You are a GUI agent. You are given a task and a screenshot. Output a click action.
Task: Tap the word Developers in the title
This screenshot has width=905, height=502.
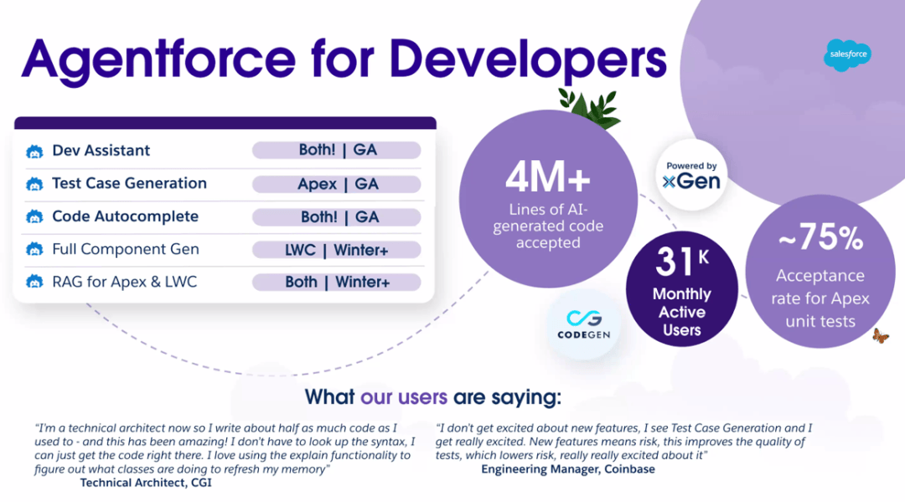click(528, 61)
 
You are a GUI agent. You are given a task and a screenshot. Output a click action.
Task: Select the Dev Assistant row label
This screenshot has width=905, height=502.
click(101, 151)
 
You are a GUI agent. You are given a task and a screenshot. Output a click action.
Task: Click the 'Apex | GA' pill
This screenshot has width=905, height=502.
click(337, 184)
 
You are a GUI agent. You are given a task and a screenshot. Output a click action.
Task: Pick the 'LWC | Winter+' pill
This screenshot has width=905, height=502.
click(337, 250)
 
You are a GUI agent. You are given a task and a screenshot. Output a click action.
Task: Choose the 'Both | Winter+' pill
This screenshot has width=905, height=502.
click(337, 282)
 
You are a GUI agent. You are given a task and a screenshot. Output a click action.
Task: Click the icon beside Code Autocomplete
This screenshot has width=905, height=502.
click(34, 217)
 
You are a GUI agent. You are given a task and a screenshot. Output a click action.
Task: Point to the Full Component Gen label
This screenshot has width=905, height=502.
click(125, 250)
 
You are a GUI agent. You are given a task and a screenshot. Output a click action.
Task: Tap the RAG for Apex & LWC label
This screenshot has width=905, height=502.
click(124, 282)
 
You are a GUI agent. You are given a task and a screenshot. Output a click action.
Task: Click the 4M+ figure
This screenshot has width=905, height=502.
click(548, 179)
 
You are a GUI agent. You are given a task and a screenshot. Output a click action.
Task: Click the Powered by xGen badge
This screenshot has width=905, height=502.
click(691, 175)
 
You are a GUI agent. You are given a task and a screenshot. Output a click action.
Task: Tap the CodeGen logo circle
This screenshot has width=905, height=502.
click(583, 323)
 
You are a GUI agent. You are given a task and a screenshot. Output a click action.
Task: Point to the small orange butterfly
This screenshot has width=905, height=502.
click(880, 336)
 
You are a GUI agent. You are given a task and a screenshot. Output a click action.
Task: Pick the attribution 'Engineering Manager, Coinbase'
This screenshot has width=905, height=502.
click(567, 469)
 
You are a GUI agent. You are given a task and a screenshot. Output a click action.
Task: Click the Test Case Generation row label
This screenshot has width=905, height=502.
click(129, 184)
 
